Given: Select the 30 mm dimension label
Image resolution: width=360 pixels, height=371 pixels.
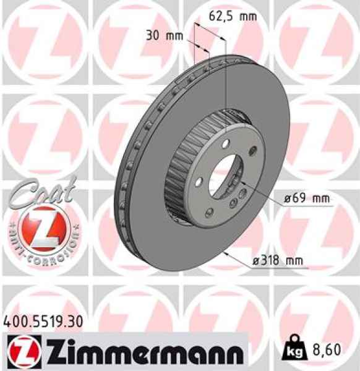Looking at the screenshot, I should pyautogui.click(x=164, y=35).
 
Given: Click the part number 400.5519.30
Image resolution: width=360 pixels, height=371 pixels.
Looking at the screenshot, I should pyautogui.click(x=42, y=322).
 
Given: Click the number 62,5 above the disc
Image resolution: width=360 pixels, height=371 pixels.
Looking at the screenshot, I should pyautogui.click(x=221, y=17).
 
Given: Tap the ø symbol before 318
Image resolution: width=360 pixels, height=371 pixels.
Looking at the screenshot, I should pyautogui.click(x=255, y=262).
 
